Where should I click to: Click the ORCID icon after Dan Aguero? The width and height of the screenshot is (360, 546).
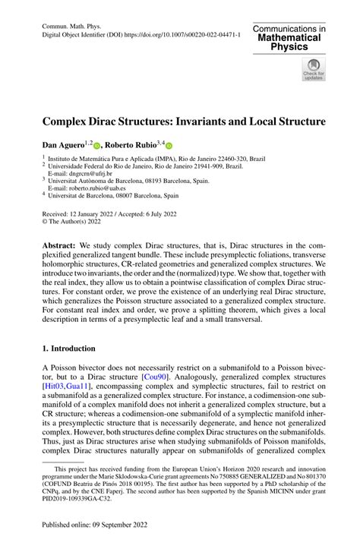96,144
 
